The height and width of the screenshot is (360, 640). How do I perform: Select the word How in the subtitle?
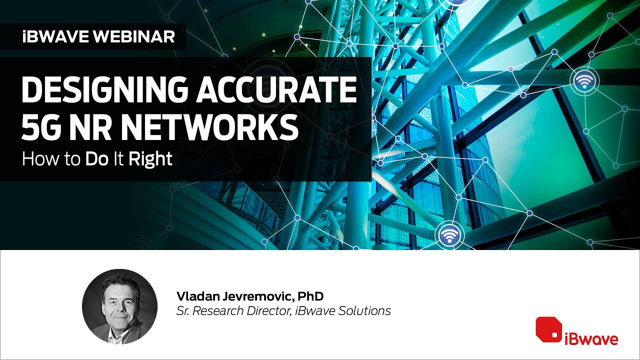tap(35, 159)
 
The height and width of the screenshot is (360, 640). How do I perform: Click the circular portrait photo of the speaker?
tap(119, 306)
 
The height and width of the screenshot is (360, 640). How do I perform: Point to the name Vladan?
tap(193, 295)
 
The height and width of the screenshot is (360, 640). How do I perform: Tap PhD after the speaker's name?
tap(306, 295)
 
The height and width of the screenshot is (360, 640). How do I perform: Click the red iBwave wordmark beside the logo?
tap(591, 339)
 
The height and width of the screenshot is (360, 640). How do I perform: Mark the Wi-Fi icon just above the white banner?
tap(449, 234)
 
